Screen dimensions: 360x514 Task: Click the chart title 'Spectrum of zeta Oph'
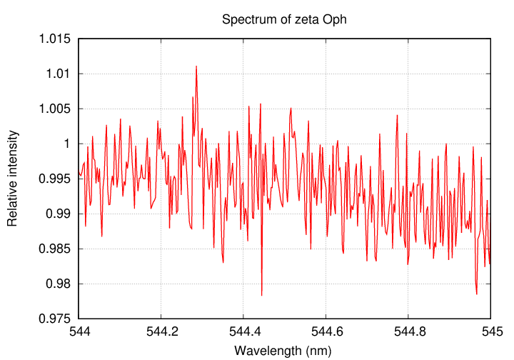[x=284, y=19]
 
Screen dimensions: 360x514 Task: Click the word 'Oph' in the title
[x=333, y=19]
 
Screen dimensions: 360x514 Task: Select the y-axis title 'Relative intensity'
[x=13, y=179]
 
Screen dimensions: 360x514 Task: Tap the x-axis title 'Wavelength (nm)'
[x=284, y=350]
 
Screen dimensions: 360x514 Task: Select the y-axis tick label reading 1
[x=69, y=144]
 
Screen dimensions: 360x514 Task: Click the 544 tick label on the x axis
[x=79, y=333]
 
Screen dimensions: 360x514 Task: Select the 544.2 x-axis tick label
[x=161, y=333]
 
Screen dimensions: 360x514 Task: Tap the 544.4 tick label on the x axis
[x=243, y=333]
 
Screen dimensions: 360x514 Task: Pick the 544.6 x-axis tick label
[x=326, y=333]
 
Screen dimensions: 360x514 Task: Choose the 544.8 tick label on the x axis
[x=408, y=333]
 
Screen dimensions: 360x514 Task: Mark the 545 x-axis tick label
[x=490, y=333]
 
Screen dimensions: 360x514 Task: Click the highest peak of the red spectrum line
[x=196, y=66]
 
